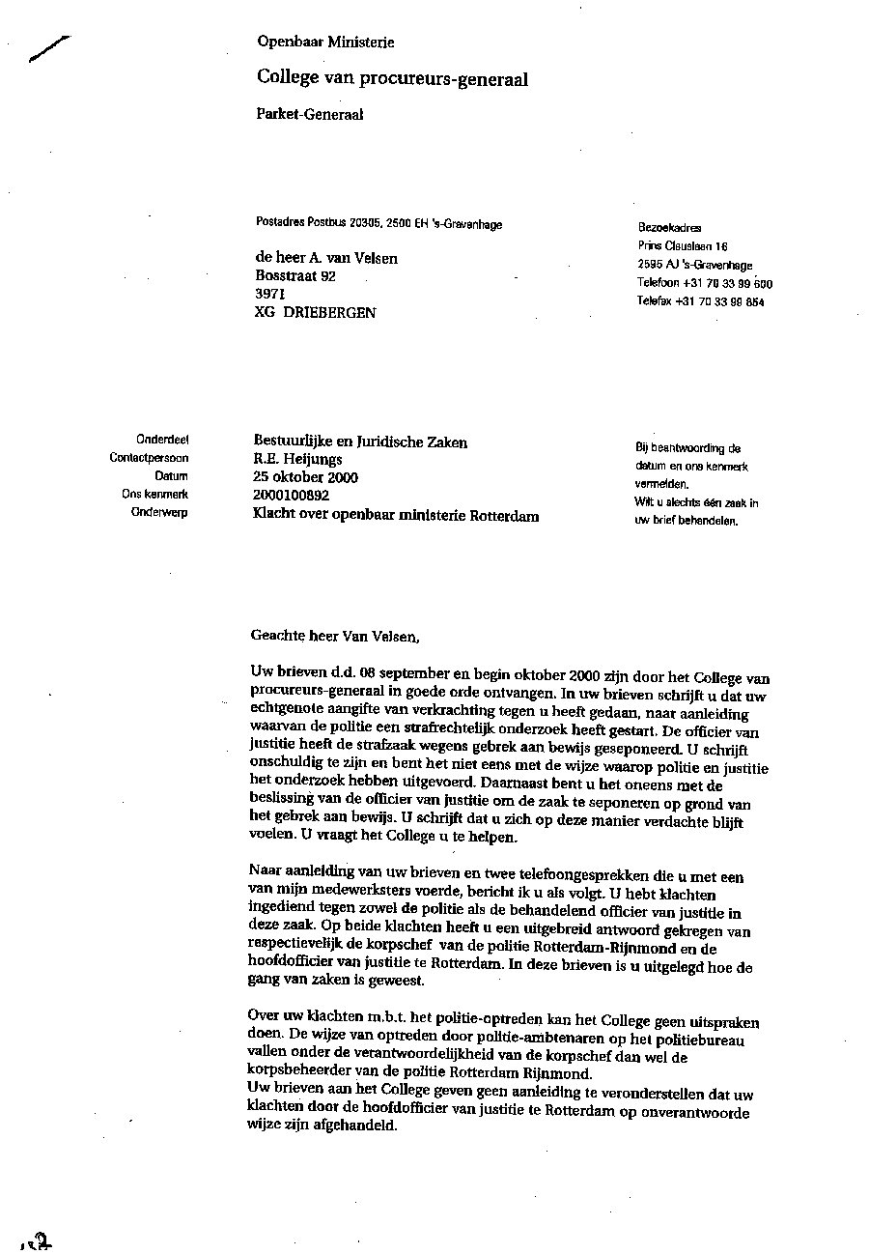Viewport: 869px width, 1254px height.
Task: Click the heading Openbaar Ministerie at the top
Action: click(x=325, y=42)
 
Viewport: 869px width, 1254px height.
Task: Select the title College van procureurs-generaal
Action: click(x=392, y=78)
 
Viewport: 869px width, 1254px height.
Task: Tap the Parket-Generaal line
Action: click(x=309, y=114)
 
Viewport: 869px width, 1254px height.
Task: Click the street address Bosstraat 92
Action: click(x=294, y=275)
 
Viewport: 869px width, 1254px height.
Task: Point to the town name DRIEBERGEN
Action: click(x=329, y=312)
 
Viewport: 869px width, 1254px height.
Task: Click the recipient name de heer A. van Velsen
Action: click(x=325, y=258)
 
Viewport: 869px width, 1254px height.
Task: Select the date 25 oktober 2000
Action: click(x=305, y=477)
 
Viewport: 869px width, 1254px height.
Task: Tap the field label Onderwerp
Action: click(x=159, y=513)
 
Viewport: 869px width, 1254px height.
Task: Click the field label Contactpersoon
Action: click(x=149, y=458)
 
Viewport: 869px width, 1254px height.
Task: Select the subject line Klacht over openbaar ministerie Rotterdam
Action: click(x=395, y=516)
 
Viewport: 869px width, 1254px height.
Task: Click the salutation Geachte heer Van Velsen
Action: click(x=335, y=636)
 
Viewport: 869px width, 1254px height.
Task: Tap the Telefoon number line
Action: click(x=704, y=283)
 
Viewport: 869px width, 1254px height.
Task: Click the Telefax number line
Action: click(x=700, y=301)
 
